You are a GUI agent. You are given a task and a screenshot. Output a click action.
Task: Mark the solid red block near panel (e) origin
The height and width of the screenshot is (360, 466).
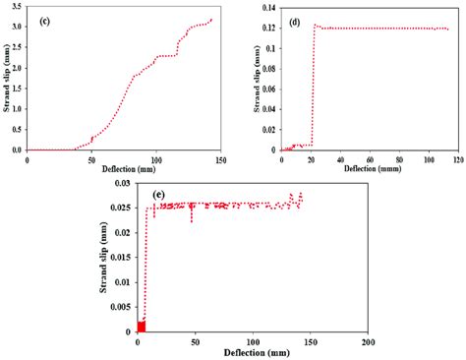coord(141,327)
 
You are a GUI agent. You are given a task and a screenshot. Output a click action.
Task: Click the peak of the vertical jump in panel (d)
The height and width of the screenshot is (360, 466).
coord(315,25)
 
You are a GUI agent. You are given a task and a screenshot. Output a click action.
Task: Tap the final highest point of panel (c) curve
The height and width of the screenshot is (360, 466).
coord(210,19)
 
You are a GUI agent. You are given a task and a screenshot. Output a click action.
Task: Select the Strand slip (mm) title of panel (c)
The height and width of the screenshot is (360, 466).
coord(6,78)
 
